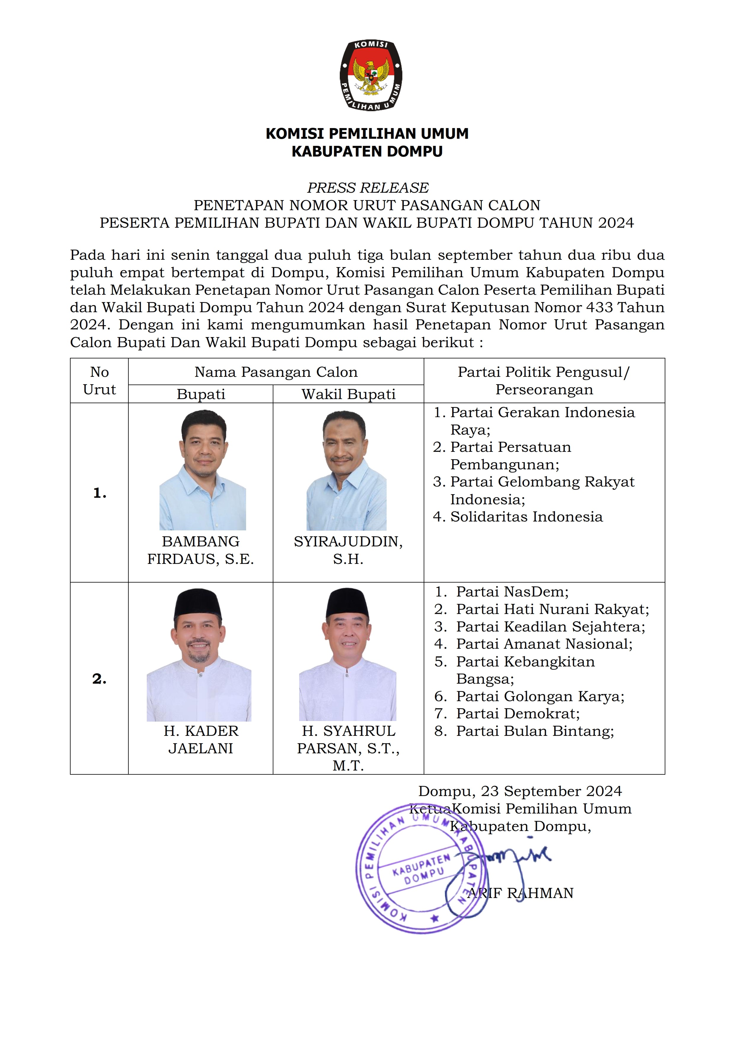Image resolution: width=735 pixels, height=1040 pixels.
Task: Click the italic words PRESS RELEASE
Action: (x=367, y=188)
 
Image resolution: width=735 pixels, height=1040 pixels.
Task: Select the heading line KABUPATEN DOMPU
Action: (x=367, y=151)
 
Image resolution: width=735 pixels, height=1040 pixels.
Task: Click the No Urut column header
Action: (x=99, y=380)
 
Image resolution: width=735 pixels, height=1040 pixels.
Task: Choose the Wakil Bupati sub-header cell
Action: (x=348, y=394)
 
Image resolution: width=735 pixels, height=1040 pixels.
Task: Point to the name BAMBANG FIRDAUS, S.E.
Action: (x=201, y=550)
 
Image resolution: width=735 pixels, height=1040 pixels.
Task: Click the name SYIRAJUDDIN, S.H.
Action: (x=348, y=550)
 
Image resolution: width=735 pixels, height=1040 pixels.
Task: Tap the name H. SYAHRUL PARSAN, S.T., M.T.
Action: (x=348, y=748)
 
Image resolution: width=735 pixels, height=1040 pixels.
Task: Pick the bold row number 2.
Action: (x=100, y=679)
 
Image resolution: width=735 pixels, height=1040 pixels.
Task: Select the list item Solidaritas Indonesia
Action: (x=526, y=517)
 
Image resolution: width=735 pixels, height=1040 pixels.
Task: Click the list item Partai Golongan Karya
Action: (x=540, y=696)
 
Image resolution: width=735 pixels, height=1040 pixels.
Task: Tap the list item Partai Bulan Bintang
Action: (x=534, y=731)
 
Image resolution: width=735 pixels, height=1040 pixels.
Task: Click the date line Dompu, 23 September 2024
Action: (x=520, y=791)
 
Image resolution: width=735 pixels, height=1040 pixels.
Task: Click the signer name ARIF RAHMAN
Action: (x=521, y=893)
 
